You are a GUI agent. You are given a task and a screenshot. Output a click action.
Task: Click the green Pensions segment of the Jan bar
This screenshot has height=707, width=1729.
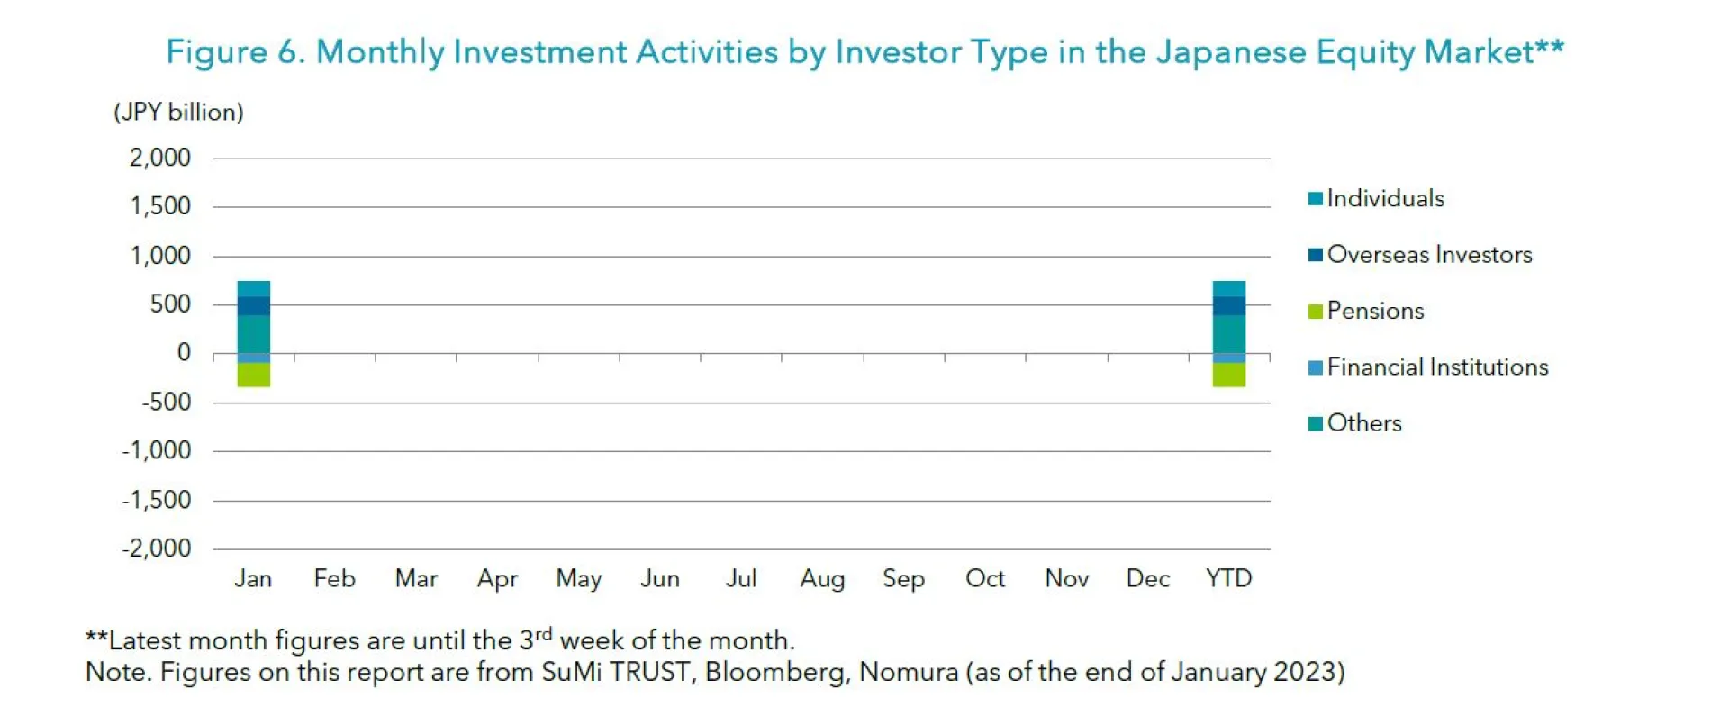coord(253,375)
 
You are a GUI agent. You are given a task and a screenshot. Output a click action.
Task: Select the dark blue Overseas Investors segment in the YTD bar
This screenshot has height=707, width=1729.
coord(1228,306)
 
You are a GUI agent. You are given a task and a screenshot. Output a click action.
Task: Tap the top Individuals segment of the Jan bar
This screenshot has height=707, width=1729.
coord(253,289)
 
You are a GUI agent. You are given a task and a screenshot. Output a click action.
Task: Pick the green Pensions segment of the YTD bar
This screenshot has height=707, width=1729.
coord(1228,375)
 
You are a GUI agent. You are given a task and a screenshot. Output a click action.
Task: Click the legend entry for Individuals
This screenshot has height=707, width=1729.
coord(1384,198)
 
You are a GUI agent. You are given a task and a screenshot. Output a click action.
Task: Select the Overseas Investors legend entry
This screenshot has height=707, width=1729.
coord(1428,255)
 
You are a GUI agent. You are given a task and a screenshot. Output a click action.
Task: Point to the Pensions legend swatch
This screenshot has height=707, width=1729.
coord(1316,312)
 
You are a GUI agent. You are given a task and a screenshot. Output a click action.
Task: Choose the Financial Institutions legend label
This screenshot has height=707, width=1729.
coord(1437,367)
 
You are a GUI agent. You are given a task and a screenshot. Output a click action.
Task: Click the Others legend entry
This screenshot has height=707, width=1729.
coord(1363,423)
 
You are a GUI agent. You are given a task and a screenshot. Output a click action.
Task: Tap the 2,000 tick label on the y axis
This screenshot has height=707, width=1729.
coord(160,158)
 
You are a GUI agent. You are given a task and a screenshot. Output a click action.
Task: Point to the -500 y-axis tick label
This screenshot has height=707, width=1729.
coord(167,402)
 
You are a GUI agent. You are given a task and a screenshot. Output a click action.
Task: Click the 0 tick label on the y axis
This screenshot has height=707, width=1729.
coord(184,353)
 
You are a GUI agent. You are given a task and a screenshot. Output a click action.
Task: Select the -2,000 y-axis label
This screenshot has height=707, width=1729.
coord(157,548)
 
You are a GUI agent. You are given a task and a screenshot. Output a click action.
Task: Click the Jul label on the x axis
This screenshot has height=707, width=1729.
coord(741,578)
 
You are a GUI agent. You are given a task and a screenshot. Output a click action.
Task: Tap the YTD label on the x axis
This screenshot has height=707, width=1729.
coord(1228,578)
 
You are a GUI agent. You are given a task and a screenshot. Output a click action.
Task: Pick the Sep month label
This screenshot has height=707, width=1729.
coord(903,578)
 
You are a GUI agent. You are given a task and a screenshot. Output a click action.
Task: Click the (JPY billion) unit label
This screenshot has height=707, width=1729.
coord(178,112)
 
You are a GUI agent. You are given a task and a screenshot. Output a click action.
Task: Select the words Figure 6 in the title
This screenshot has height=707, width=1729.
coord(236,52)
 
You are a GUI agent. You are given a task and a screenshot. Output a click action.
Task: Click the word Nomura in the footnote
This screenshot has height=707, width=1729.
coord(909,672)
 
